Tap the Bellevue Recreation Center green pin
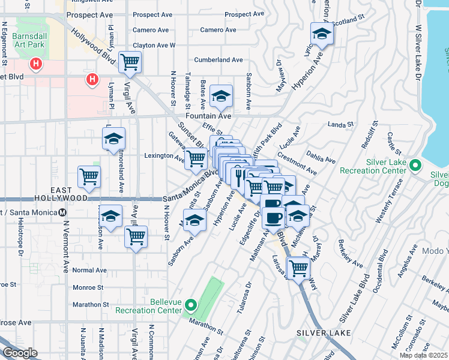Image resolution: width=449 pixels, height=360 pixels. point(191,306)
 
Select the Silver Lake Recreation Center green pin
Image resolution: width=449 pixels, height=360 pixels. point(414,164)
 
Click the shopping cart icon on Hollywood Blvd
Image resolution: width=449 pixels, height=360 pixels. point(130,61)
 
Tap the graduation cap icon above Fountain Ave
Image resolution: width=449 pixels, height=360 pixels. point(221,95)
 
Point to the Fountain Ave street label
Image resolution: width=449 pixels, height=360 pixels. point(208,116)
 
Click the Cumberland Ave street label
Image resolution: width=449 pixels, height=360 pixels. point(218,60)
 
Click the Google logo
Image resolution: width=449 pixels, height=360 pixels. point(20,353)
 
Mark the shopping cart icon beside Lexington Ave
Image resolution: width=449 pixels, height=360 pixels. point(195,158)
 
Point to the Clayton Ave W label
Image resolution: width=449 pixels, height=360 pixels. point(154,45)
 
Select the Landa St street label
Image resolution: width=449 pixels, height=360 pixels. point(339,124)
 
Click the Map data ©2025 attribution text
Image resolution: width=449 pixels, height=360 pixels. point(423,355)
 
